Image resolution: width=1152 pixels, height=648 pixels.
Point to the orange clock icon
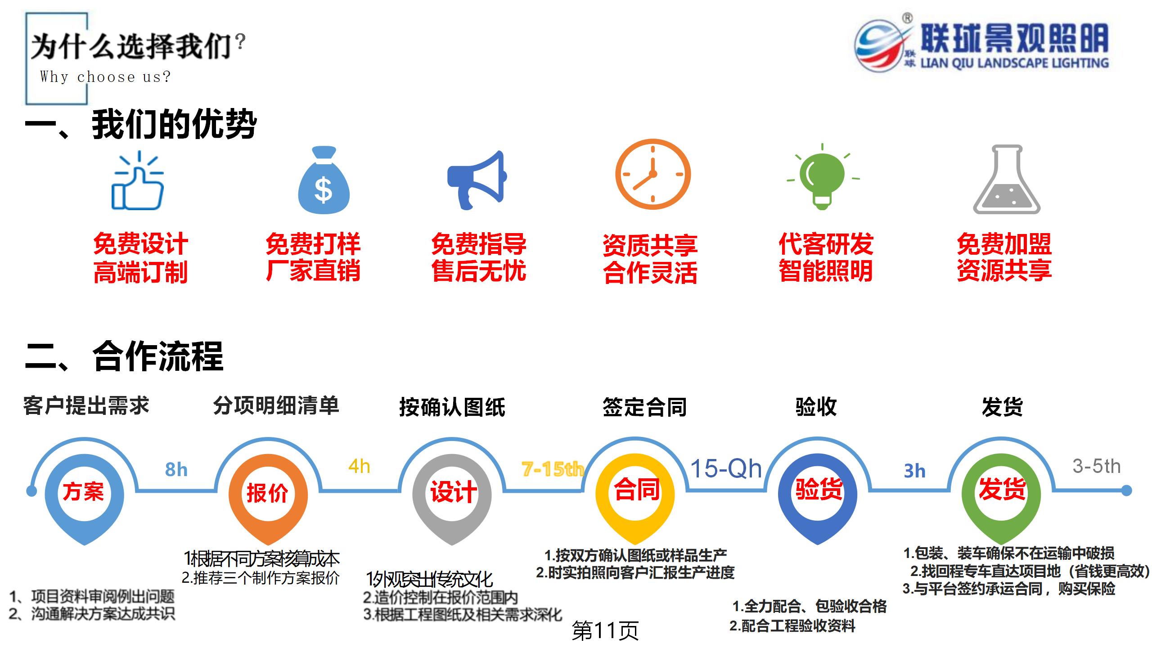[652, 174]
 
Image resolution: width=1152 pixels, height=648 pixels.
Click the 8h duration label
[176, 470]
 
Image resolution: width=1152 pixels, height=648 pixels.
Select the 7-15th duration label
[553, 469]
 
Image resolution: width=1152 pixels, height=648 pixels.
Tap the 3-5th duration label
[1096, 466]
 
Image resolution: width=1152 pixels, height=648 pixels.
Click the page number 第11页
[605, 630]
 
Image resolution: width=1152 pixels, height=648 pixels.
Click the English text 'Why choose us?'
[105, 77]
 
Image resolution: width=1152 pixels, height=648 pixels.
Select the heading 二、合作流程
[125, 356]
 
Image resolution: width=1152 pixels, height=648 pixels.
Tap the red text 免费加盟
[1004, 244]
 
